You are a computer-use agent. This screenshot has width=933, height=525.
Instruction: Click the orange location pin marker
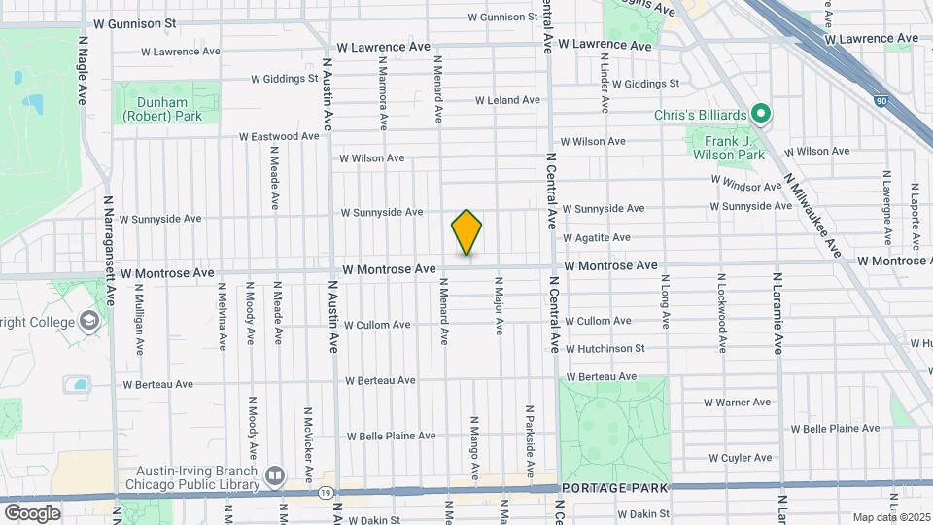coord(466,232)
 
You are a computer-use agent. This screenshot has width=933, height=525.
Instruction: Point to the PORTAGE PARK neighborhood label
coord(621,487)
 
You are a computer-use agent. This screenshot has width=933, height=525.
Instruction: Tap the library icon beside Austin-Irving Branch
coord(274,476)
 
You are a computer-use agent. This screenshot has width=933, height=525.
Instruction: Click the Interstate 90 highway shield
coord(881,100)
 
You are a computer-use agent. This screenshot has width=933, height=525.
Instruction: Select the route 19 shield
coord(322,492)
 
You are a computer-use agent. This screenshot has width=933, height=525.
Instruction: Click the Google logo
coord(32,512)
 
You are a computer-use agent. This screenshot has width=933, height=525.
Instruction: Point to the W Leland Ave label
coord(506,100)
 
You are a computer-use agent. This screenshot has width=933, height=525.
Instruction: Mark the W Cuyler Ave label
coord(739,458)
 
